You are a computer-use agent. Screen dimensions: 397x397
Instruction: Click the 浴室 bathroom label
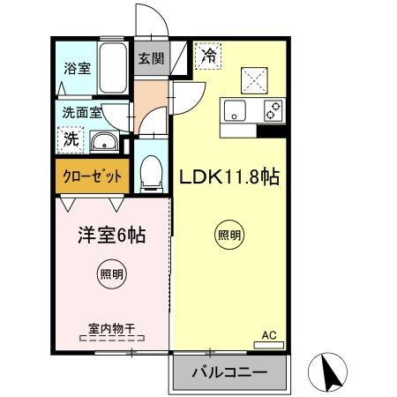pos(77,69)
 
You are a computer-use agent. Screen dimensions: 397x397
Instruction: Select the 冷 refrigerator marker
pos(208,55)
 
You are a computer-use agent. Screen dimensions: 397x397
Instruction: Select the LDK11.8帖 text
pos(229,177)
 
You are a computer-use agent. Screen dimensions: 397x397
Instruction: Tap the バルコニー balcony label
pos(228,374)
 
